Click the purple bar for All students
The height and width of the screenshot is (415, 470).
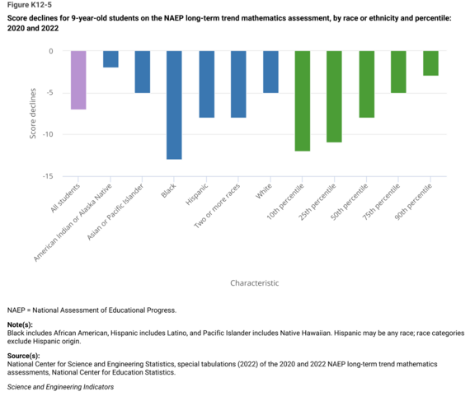click(x=78, y=80)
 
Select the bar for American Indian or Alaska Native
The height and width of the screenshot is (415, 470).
click(x=110, y=59)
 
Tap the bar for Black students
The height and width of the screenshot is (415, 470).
click(x=174, y=105)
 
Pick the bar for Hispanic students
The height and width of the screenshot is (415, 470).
click(x=206, y=84)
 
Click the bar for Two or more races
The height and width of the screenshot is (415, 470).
click(x=238, y=84)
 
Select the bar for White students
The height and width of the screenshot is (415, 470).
click(x=270, y=72)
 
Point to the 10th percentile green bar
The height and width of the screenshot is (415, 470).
click(x=303, y=100)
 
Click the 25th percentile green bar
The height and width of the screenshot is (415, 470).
click(x=334, y=96)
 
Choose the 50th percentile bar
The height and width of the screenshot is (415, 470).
click(x=366, y=84)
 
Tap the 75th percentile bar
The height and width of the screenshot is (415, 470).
click(x=398, y=72)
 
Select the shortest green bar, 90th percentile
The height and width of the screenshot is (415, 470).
click(x=430, y=63)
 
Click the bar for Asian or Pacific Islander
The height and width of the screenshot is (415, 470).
click(x=142, y=72)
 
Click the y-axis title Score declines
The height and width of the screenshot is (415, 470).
click(x=33, y=113)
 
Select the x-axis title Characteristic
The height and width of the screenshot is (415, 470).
click(x=254, y=282)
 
